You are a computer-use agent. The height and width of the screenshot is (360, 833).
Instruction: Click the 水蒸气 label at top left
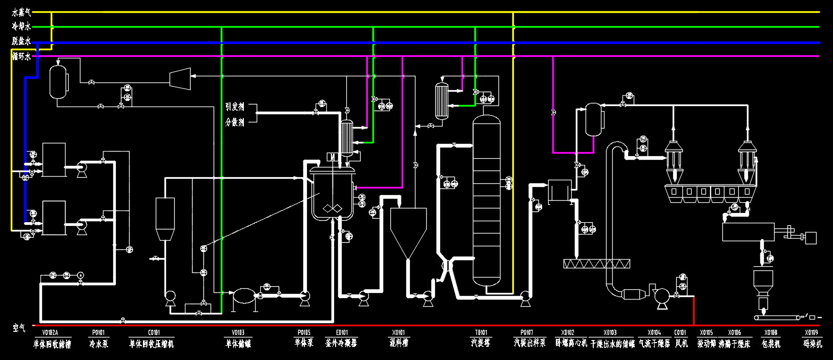pyautogui.click(x=22, y=12)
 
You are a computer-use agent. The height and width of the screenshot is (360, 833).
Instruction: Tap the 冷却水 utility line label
pyautogui.click(x=22, y=27)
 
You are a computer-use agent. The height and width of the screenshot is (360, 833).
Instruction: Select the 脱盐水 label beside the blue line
pyautogui.click(x=22, y=41)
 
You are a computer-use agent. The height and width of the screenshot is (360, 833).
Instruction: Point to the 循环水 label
pyautogui.click(x=22, y=56)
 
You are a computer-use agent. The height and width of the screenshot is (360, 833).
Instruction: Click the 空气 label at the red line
pyautogui.click(x=19, y=327)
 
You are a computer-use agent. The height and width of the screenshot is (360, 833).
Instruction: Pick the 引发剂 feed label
pyautogui.click(x=235, y=107)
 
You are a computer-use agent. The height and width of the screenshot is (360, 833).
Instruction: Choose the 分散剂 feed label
pyautogui.click(x=235, y=122)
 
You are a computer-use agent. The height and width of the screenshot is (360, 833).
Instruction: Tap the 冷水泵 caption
pyautogui.click(x=98, y=344)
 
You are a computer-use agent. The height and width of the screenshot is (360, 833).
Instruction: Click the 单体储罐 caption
pyautogui.click(x=238, y=344)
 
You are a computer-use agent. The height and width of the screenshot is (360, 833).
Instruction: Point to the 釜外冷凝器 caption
pyautogui.click(x=341, y=343)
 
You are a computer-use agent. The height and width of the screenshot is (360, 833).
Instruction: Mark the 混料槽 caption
pyautogui.click(x=399, y=343)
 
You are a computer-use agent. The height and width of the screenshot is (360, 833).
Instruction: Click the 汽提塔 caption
pyautogui.click(x=481, y=343)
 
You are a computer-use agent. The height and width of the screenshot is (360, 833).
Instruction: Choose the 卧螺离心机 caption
pyautogui.click(x=571, y=343)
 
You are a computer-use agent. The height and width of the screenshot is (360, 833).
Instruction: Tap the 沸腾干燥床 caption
pyautogui.click(x=734, y=344)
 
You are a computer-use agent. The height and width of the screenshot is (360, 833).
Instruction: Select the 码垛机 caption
pyautogui.click(x=813, y=344)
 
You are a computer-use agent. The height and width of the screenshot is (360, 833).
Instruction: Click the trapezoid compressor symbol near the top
pyautogui.click(x=180, y=78)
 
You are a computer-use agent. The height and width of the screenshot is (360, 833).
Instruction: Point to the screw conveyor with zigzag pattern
pyautogui.click(x=596, y=264)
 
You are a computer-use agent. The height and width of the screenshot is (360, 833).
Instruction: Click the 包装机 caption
pyautogui.click(x=771, y=344)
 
